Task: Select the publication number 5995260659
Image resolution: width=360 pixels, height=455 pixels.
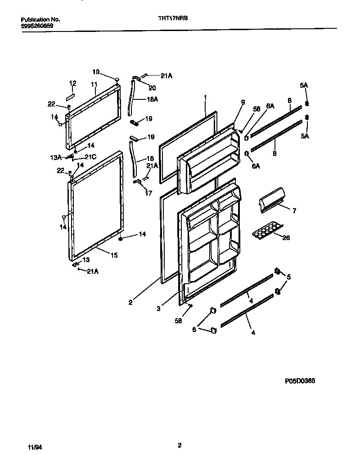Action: tap(37, 26)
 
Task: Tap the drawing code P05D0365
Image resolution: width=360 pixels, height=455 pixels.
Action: tap(300, 381)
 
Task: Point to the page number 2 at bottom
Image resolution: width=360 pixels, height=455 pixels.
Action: tap(180, 446)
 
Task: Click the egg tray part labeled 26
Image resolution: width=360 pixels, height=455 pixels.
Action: tap(266, 232)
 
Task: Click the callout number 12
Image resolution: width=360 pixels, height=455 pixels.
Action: tap(72, 83)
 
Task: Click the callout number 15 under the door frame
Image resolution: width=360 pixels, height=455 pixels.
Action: tap(114, 255)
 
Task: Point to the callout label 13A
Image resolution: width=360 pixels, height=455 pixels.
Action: tap(55, 157)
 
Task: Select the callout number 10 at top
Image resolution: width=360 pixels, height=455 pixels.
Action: tap(96, 71)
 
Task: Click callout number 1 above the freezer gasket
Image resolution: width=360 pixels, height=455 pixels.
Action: tap(205, 97)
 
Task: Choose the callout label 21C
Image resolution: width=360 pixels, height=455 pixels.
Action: tap(91, 157)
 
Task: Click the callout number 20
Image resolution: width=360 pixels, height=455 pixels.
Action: tap(152, 88)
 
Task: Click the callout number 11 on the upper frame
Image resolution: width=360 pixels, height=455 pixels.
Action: tap(94, 84)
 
